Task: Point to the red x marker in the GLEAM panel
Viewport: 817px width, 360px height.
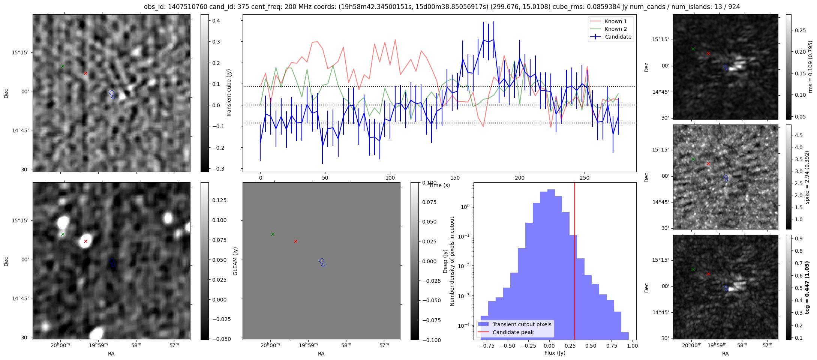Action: click(x=295, y=241)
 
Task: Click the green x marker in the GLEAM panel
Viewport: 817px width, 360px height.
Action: click(x=273, y=234)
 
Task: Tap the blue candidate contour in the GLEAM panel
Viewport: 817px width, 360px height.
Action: click(x=322, y=262)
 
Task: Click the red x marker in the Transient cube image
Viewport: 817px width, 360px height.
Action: click(x=85, y=73)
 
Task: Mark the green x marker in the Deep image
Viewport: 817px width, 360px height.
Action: click(x=63, y=234)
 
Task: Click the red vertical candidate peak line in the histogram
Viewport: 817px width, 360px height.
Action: click(x=575, y=262)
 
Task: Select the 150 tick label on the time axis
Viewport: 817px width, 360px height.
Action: click(x=455, y=178)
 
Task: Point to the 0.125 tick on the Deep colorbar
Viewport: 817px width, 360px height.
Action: click(x=219, y=200)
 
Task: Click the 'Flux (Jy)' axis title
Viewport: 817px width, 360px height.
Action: click(x=555, y=353)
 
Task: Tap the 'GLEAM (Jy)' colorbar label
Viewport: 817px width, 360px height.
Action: click(x=235, y=261)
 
